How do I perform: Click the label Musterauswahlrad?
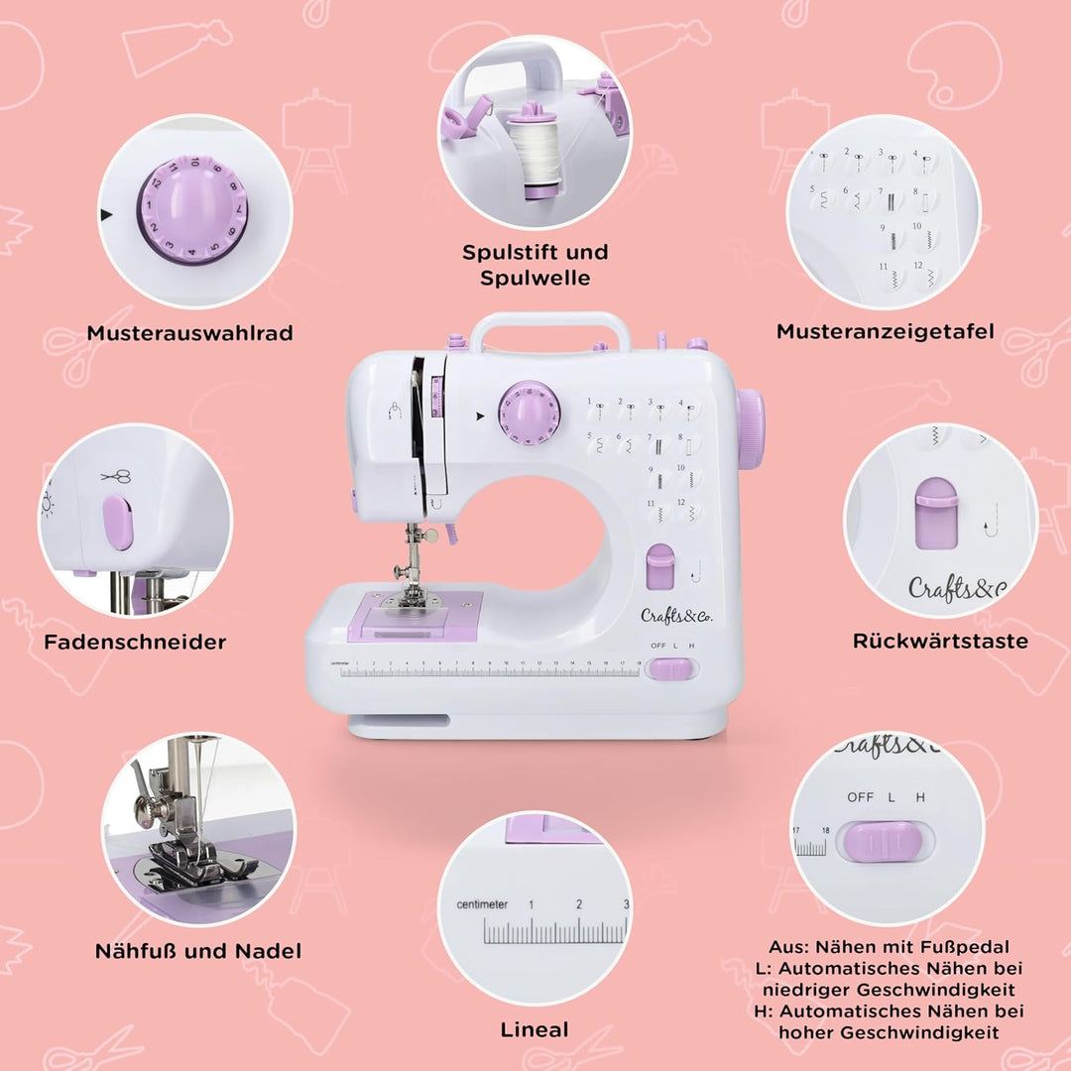[189, 333]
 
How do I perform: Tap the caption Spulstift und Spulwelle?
[535, 265]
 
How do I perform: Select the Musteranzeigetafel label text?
[885, 331]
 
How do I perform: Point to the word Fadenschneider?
[135, 642]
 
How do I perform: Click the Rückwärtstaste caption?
[940, 641]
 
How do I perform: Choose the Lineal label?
[535, 1029]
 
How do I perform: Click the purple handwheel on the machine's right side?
[751, 428]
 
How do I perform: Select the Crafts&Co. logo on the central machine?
[676, 615]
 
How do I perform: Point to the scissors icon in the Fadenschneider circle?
[116, 476]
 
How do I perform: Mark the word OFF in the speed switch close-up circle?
[860, 797]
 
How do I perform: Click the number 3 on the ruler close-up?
[626, 904]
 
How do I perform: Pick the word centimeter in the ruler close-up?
[482, 904]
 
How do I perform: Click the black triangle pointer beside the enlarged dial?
[106, 214]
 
